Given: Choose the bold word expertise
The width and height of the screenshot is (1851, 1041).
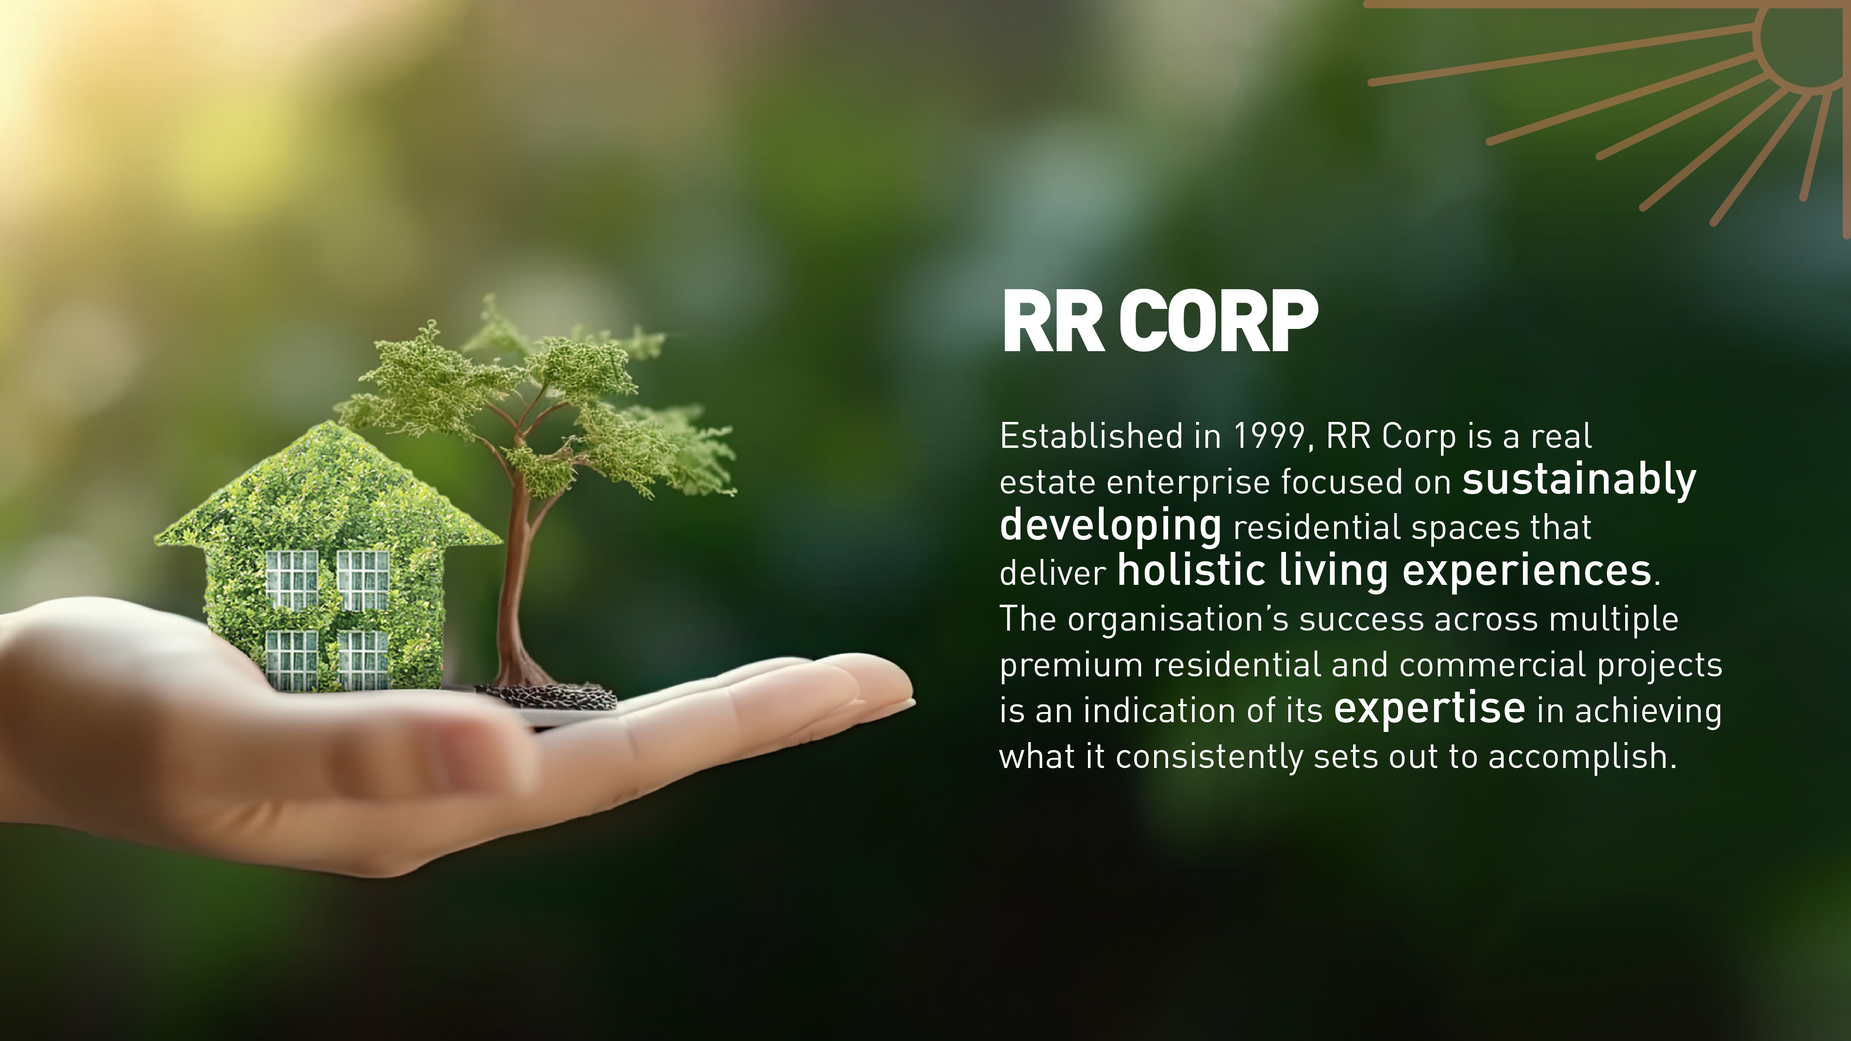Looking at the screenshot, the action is coord(1429,709).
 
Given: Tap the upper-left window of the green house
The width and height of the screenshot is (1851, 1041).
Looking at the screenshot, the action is coord(292,580).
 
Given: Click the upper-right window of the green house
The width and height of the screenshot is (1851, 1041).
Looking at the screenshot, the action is coord(363,580).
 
